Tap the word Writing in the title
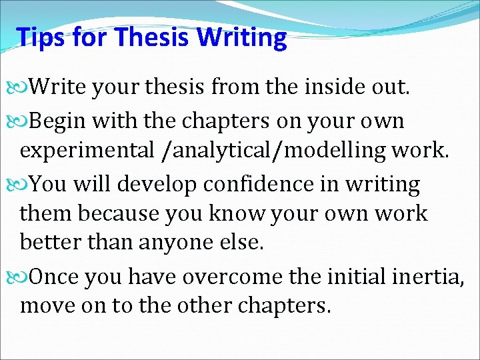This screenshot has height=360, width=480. point(242,38)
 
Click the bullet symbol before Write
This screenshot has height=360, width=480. point(20,86)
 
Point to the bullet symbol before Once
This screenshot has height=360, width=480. point(20,275)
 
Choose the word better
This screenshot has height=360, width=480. point(50,243)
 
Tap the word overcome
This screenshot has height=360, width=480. point(248,275)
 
